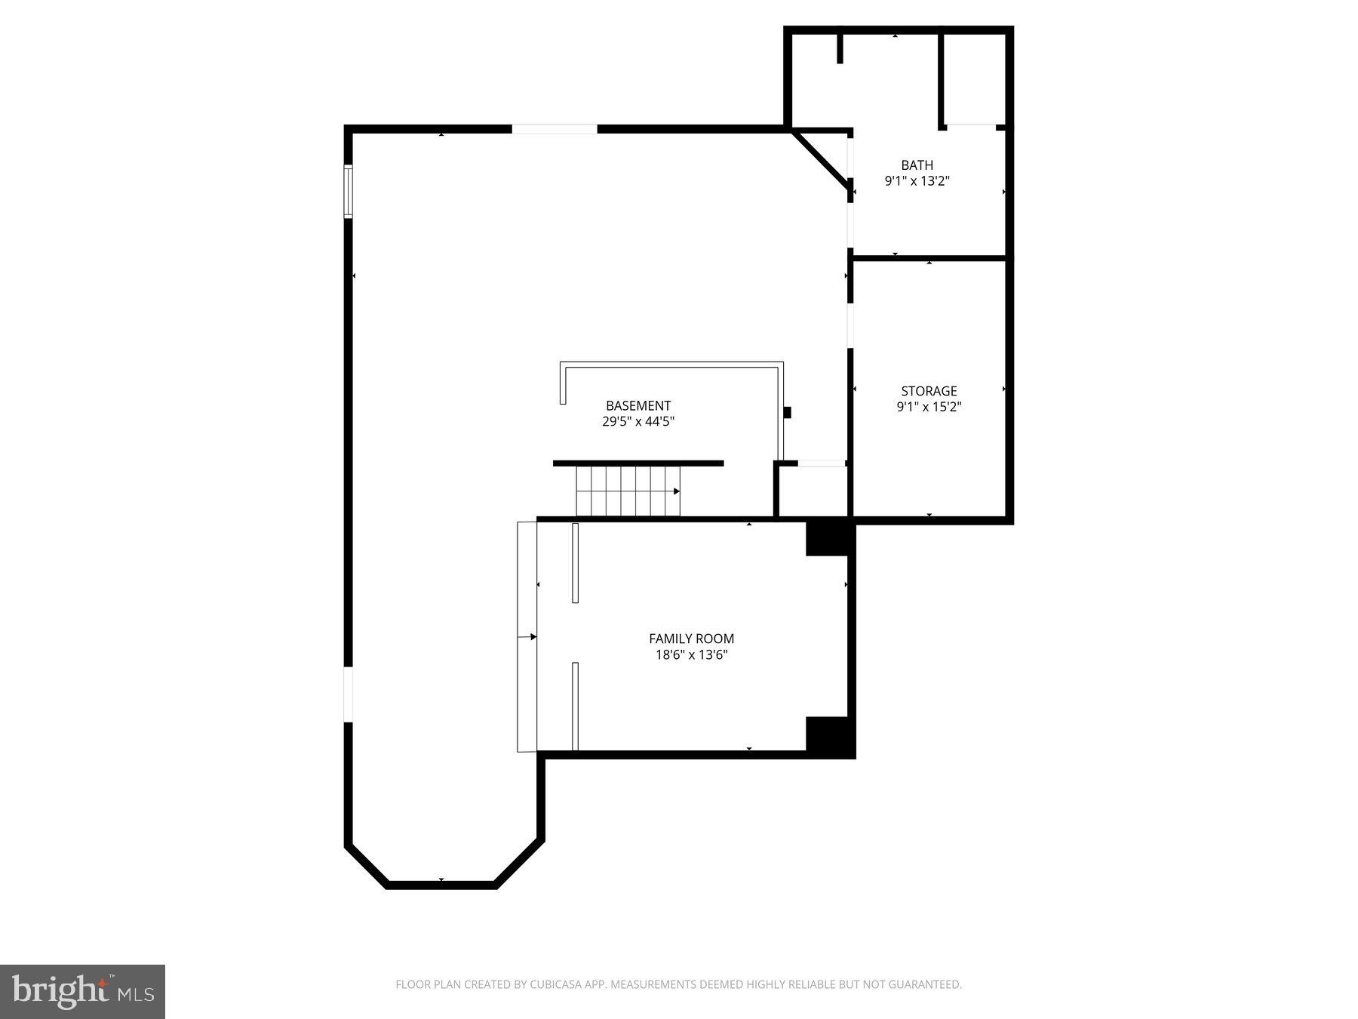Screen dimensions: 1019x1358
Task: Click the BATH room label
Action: pos(917,165)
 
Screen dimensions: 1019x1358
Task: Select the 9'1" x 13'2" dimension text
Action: pos(917,181)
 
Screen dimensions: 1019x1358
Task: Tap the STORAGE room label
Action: pos(929,391)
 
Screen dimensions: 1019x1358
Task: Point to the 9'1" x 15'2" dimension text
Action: pos(929,407)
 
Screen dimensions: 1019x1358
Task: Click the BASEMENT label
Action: pos(638,405)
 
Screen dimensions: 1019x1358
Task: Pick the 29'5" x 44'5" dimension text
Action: pos(638,421)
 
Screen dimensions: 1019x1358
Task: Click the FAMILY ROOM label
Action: pos(691,639)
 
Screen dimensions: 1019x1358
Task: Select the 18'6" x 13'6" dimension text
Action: pos(691,654)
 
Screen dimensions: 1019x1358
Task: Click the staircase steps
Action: pos(626,491)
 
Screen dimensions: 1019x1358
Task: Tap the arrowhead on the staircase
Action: pos(676,491)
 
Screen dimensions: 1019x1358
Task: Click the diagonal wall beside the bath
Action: pos(822,161)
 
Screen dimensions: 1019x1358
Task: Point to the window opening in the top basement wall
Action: pos(555,129)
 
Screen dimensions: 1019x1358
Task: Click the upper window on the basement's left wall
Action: pos(349,191)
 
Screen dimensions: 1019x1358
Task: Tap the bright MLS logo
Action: pos(82,991)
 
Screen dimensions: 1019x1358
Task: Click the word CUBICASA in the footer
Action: pos(558,984)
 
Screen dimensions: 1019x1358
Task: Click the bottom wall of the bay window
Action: pos(441,885)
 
